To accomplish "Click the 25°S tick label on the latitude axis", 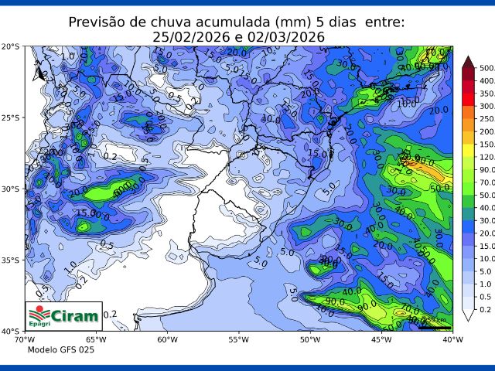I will (x=11, y=117).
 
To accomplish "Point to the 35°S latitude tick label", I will (x=11, y=260).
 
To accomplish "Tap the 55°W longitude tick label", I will (x=238, y=339).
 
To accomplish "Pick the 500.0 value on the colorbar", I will (x=486, y=69).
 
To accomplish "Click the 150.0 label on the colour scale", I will (x=486, y=145).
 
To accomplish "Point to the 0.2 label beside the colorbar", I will (x=484, y=309).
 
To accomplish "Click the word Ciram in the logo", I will (x=75, y=315).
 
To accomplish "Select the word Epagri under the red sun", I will (x=39, y=325).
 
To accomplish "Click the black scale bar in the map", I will (x=434, y=326).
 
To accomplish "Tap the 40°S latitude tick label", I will (x=11, y=331).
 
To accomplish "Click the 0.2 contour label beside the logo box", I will (x=111, y=314).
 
